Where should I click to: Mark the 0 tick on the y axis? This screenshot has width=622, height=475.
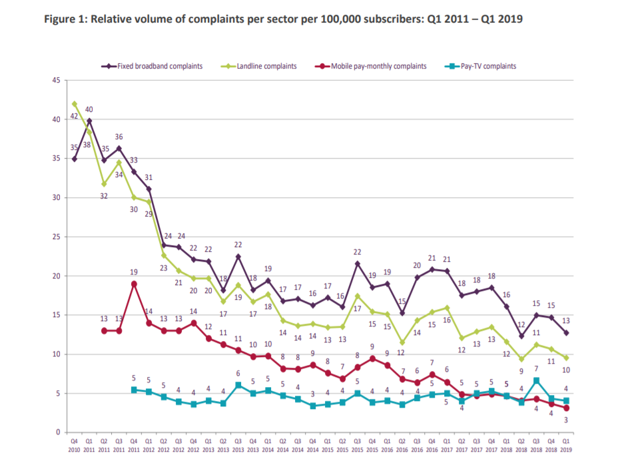58,433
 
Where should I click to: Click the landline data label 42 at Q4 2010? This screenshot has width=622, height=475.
74,116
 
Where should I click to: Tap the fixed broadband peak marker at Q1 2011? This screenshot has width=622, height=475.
89,121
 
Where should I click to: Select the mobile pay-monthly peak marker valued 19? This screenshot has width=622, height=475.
134,284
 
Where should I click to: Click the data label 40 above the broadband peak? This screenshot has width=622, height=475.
89,110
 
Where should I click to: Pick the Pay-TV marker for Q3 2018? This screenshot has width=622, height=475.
537,380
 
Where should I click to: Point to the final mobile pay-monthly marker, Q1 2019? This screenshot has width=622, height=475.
567,408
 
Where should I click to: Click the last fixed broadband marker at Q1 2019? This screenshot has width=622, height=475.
567,332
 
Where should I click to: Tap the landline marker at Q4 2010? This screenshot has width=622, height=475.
74,104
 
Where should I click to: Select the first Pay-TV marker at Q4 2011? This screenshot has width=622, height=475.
134,390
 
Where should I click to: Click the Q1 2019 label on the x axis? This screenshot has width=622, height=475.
567,444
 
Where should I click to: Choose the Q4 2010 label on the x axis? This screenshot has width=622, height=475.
74,444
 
